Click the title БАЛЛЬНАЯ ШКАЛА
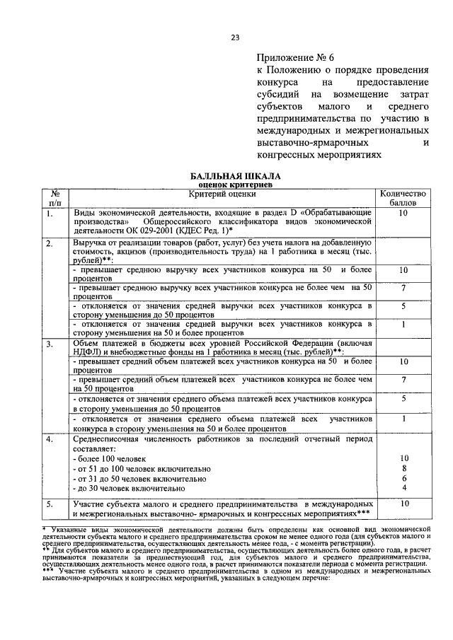236,174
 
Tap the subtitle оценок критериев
236,183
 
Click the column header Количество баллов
403,197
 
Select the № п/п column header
55,197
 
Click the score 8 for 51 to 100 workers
403,468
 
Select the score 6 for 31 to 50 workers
403,478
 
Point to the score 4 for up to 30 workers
403,488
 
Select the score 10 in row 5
403,504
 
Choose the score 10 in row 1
403,213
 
